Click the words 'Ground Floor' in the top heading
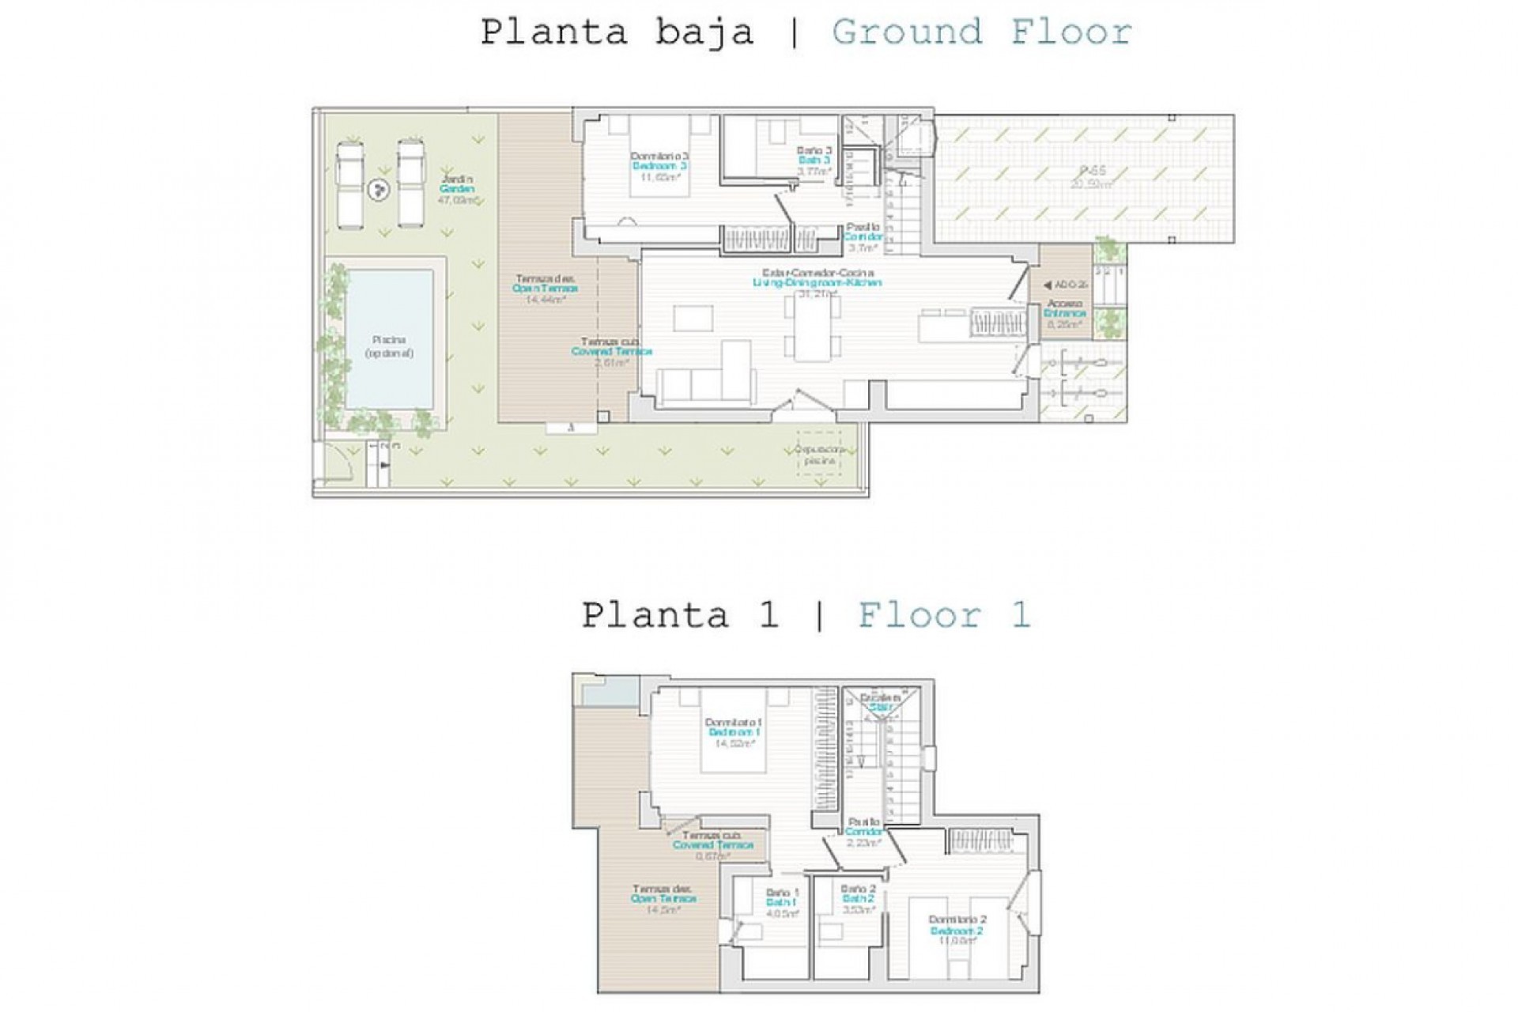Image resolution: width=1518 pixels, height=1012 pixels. (981, 33)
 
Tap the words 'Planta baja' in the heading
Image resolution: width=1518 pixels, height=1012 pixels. (617, 33)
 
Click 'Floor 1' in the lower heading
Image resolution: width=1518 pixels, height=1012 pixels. (944, 615)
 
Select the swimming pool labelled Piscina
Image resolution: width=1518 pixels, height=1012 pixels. (390, 340)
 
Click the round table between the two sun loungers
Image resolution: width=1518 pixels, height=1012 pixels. (379, 190)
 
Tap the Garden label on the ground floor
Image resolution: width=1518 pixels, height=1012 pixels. (458, 190)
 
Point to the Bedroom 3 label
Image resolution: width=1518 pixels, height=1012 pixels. (659, 166)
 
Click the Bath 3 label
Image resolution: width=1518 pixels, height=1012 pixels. (814, 160)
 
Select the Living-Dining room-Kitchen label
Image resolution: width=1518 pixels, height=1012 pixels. (817, 282)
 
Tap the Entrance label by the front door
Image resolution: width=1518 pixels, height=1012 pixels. (1065, 313)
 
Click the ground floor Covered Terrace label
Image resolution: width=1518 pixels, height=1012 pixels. (611, 351)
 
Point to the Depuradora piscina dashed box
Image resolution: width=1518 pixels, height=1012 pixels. (818, 453)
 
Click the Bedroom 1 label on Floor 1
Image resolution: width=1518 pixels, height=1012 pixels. (734, 732)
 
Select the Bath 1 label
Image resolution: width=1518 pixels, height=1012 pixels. (780, 902)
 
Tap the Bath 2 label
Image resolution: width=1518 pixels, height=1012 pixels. (858, 899)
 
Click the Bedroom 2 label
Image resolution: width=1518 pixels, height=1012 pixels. (957, 931)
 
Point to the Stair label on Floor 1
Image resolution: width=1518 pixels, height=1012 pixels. (880, 708)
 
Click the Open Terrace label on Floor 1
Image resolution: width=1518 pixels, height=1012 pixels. (663, 898)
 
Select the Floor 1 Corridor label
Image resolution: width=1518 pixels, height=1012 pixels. (863, 832)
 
